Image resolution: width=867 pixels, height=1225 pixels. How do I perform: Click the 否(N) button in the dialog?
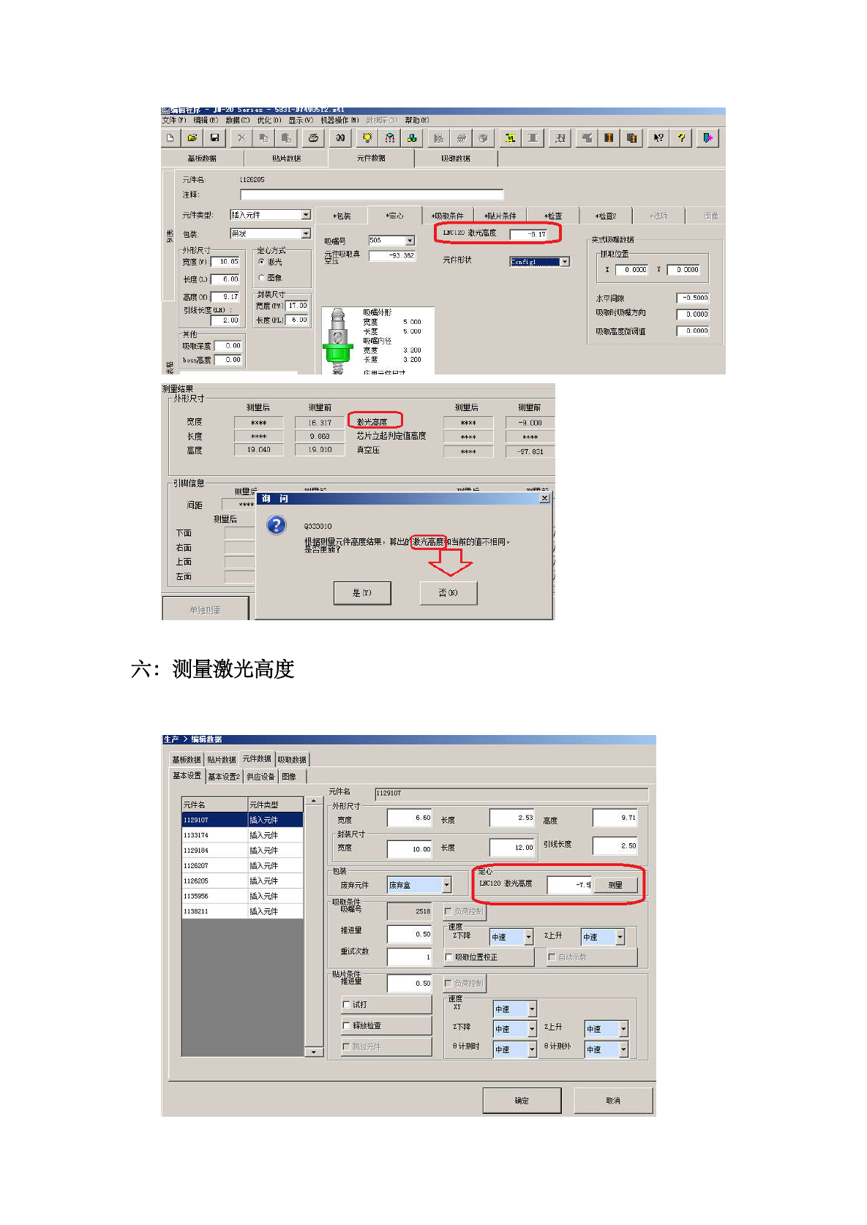pyautogui.click(x=448, y=593)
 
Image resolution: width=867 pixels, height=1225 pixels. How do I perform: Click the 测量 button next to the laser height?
pyautogui.click(x=615, y=885)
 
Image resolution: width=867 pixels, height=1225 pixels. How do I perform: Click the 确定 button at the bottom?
pyautogui.click(x=522, y=1101)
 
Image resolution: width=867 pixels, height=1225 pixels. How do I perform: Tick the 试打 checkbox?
pyautogui.click(x=347, y=1005)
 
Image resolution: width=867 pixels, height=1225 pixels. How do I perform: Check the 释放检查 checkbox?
pyautogui.click(x=347, y=1026)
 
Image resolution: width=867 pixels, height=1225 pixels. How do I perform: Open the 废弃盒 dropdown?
pyautogui.click(x=446, y=886)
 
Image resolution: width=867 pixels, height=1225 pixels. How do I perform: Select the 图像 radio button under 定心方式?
pyautogui.click(x=262, y=278)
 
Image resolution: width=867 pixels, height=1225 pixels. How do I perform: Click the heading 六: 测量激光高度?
pyautogui.click(x=213, y=669)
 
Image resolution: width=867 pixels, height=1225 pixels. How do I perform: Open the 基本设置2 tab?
pyautogui.click(x=224, y=777)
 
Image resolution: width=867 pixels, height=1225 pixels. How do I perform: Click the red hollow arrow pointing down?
pyautogui.click(x=449, y=562)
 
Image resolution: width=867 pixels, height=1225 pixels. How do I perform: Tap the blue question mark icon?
pyautogui.click(x=277, y=525)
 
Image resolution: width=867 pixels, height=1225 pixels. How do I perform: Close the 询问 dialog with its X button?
pyautogui.click(x=544, y=498)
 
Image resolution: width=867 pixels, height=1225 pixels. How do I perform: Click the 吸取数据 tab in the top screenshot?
pyautogui.click(x=455, y=158)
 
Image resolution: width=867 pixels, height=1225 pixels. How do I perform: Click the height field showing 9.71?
pyautogui.click(x=615, y=818)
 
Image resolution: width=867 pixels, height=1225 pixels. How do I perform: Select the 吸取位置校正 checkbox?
pyautogui.click(x=448, y=957)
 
